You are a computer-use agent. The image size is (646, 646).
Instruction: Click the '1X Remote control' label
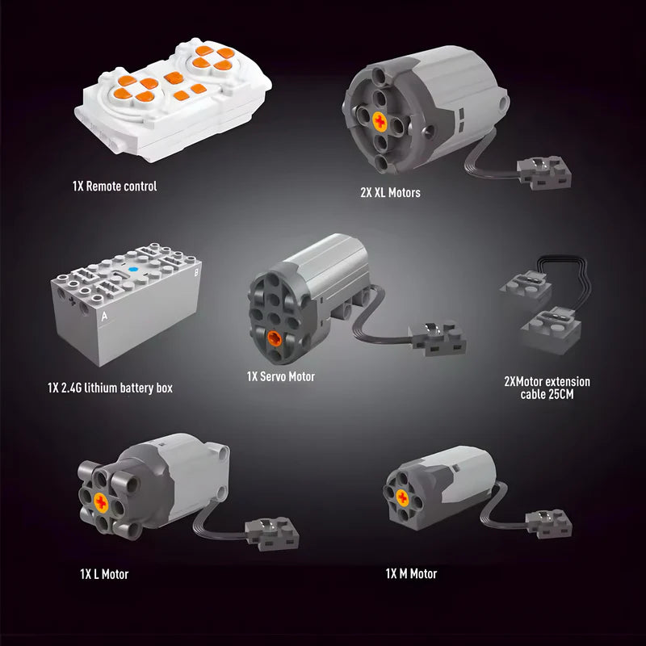click(x=115, y=187)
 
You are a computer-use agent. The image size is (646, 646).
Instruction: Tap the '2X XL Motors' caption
click(x=390, y=192)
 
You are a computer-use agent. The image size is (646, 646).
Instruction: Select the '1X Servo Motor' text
click(x=280, y=376)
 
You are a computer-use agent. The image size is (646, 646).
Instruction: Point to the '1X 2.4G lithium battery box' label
click(x=110, y=388)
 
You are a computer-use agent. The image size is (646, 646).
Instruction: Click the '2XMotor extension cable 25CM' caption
click(x=547, y=388)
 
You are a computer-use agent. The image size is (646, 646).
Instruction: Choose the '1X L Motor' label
click(x=104, y=574)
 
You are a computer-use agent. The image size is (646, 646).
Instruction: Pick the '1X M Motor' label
click(x=411, y=573)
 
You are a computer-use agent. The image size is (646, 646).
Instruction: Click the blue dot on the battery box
click(x=132, y=270)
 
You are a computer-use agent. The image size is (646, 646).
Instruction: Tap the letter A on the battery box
click(x=105, y=317)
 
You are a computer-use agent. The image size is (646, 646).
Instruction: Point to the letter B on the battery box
click(x=196, y=272)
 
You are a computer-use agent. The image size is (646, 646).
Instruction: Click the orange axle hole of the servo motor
click(x=275, y=338)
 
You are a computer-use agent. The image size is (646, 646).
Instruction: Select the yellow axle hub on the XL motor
click(x=380, y=122)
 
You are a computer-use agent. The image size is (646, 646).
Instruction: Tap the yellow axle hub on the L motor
click(x=101, y=502)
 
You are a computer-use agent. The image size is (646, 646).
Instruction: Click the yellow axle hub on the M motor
click(x=402, y=498)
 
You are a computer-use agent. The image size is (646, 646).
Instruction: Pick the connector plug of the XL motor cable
click(x=544, y=172)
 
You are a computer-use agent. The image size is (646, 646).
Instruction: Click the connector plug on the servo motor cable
click(x=438, y=338)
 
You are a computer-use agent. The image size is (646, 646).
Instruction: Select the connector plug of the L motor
click(x=272, y=535)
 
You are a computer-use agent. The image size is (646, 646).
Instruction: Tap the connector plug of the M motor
click(x=549, y=523)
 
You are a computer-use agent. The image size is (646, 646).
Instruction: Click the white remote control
click(x=173, y=100)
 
